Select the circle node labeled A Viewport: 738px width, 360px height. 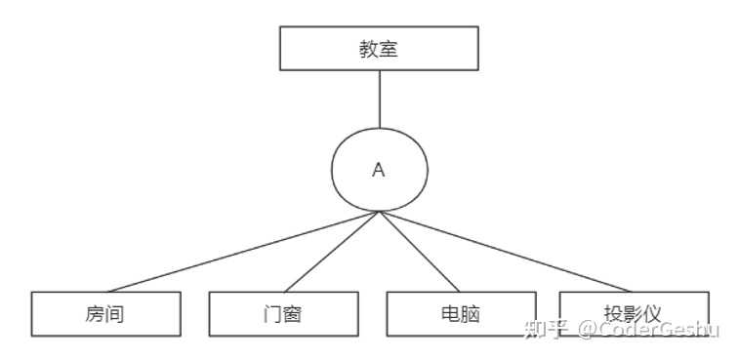pos(379,169)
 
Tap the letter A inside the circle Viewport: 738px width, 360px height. pos(379,170)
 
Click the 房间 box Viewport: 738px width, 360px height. pos(105,313)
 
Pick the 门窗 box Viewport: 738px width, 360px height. pos(284,313)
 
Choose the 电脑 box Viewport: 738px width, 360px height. pos(460,313)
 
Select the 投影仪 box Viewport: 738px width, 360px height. pos(635,313)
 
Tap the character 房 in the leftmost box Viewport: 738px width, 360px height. pos(95,314)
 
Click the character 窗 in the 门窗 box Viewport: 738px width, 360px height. pos(295,314)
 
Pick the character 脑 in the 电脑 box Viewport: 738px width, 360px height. pos(471,314)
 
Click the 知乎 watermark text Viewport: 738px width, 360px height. pos(545,329)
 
